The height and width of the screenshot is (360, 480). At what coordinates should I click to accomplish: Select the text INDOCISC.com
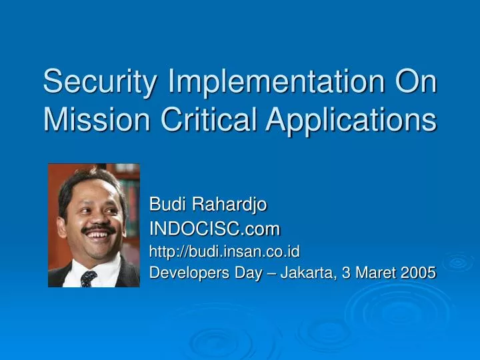215,229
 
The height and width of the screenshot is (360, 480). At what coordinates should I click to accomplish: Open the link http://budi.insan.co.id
224,251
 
